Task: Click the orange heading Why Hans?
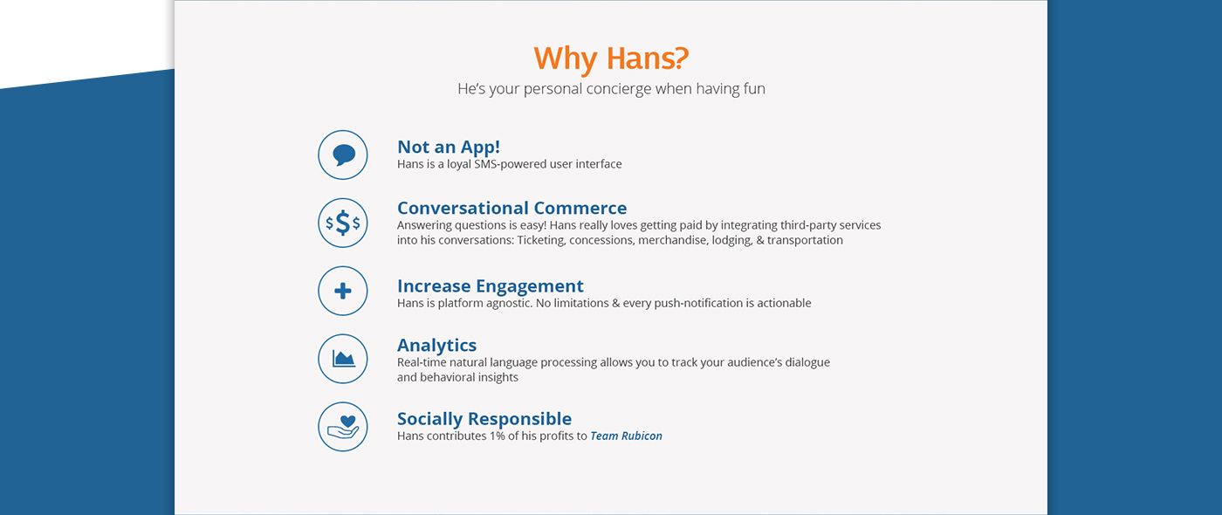[x=611, y=58]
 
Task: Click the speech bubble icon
[x=343, y=155]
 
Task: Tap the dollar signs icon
[x=343, y=223]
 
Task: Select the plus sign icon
[x=343, y=291]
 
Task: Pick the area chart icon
[x=343, y=359]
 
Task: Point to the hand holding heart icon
[x=343, y=427]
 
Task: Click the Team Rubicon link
[x=627, y=436]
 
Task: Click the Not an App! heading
[x=449, y=148]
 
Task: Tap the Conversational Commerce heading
[x=511, y=208]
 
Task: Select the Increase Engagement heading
[x=490, y=286]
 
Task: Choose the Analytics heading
[x=436, y=346]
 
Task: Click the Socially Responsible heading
[x=484, y=418]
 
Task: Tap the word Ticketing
[x=541, y=241]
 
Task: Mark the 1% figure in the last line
[x=497, y=436]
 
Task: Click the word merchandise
[x=673, y=241]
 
